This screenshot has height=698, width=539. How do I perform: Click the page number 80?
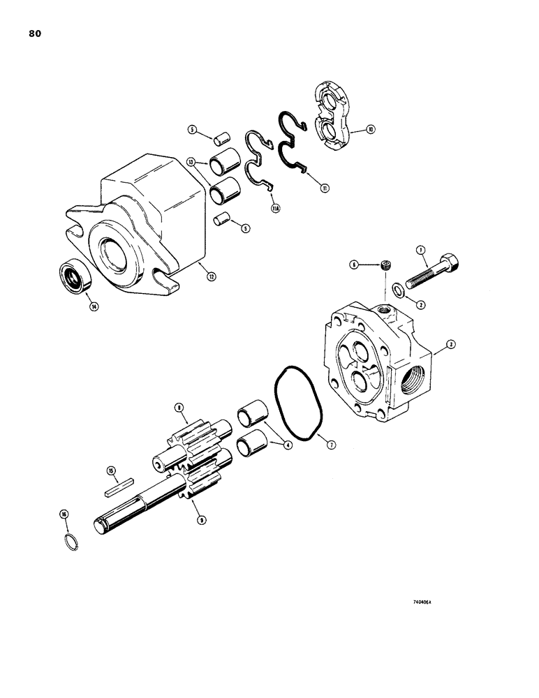(x=36, y=34)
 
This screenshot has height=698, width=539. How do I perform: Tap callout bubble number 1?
(x=420, y=250)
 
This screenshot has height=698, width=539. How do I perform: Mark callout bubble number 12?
(x=211, y=276)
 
